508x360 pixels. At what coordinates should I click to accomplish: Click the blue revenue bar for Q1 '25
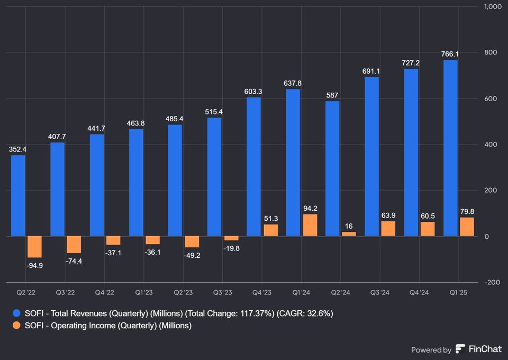(x=450, y=148)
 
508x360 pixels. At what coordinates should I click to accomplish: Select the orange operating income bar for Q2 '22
(x=34, y=247)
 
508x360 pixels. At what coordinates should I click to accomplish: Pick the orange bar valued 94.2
(x=310, y=225)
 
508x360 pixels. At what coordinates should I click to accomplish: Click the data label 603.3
(x=253, y=92)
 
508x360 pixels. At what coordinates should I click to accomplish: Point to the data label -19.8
(x=231, y=248)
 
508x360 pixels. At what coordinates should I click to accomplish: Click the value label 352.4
(x=18, y=149)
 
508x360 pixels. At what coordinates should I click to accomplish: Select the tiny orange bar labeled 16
(x=349, y=233)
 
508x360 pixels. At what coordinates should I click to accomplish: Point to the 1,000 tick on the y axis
(x=493, y=7)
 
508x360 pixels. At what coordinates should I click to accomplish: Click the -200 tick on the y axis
(x=493, y=282)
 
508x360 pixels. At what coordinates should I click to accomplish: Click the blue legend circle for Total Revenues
(x=17, y=313)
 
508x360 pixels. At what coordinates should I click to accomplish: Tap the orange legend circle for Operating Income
(x=17, y=326)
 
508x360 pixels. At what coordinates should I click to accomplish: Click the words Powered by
(x=431, y=349)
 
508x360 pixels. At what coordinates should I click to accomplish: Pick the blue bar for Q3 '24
(x=372, y=156)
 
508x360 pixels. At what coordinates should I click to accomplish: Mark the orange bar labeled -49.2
(x=192, y=242)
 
